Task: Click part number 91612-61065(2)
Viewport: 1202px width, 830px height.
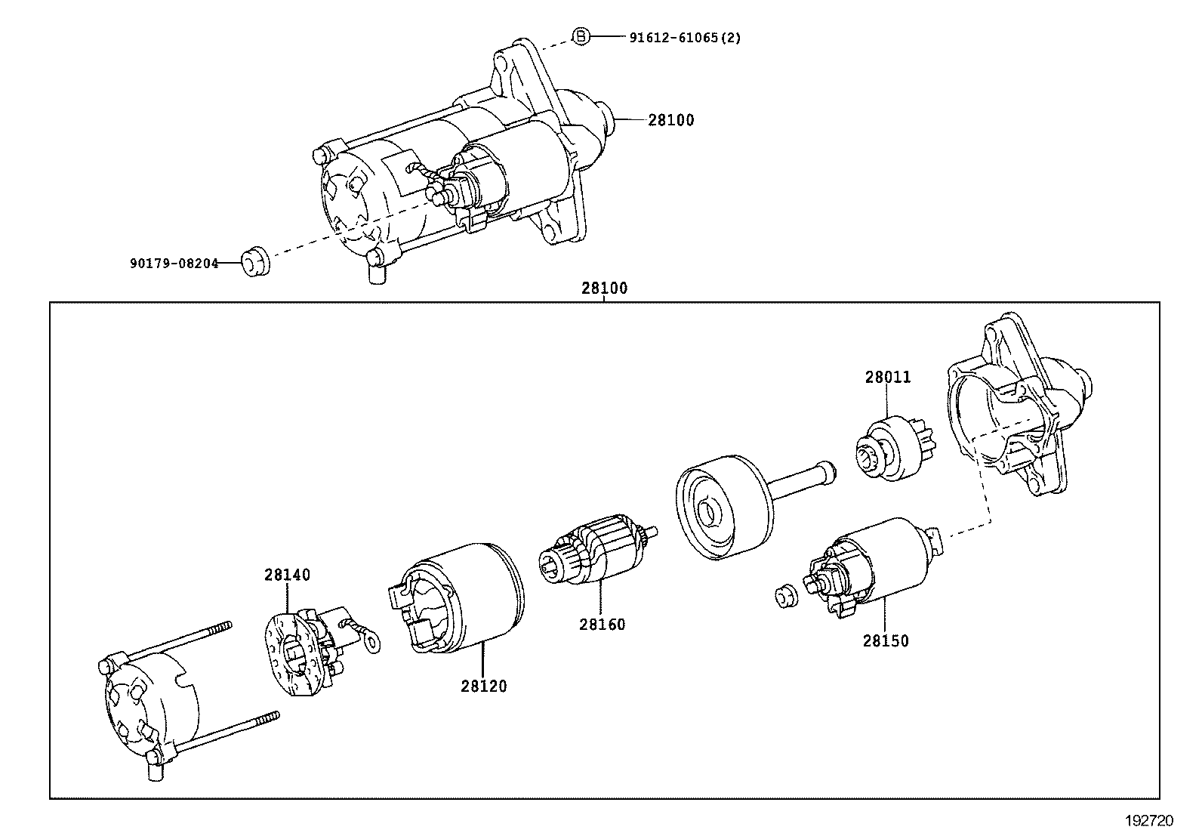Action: tap(685, 37)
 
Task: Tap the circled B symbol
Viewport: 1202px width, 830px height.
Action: tap(579, 36)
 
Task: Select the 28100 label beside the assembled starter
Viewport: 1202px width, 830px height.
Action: tap(670, 120)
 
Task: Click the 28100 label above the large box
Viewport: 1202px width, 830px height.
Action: tap(604, 288)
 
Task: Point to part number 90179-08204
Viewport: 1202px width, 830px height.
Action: tap(174, 264)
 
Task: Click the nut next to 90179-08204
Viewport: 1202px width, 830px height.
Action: tap(254, 262)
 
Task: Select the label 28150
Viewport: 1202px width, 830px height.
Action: tap(886, 641)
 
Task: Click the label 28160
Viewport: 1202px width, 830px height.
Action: tap(602, 625)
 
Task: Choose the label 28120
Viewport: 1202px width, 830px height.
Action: tap(484, 687)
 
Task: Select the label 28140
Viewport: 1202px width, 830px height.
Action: tap(287, 575)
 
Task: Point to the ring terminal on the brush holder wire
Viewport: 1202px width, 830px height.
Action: tap(371, 643)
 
